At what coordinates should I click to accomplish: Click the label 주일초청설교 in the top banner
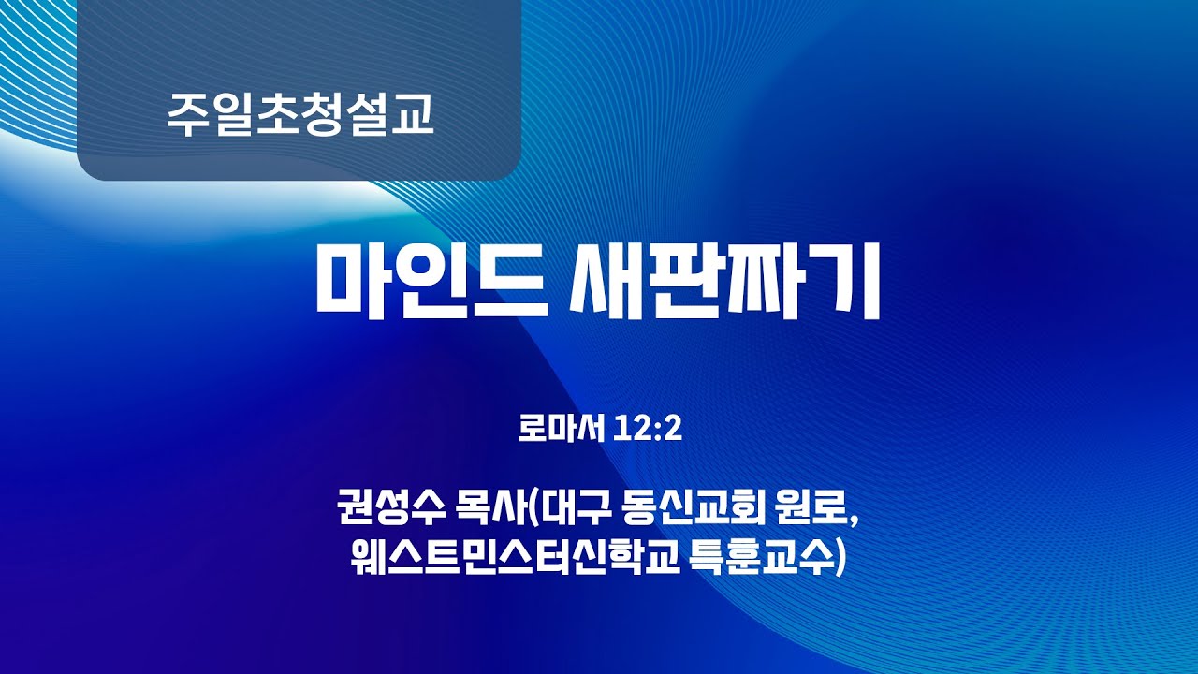point(300,115)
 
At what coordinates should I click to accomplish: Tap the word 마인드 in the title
point(430,280)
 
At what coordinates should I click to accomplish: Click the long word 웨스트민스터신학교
point(509,560)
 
